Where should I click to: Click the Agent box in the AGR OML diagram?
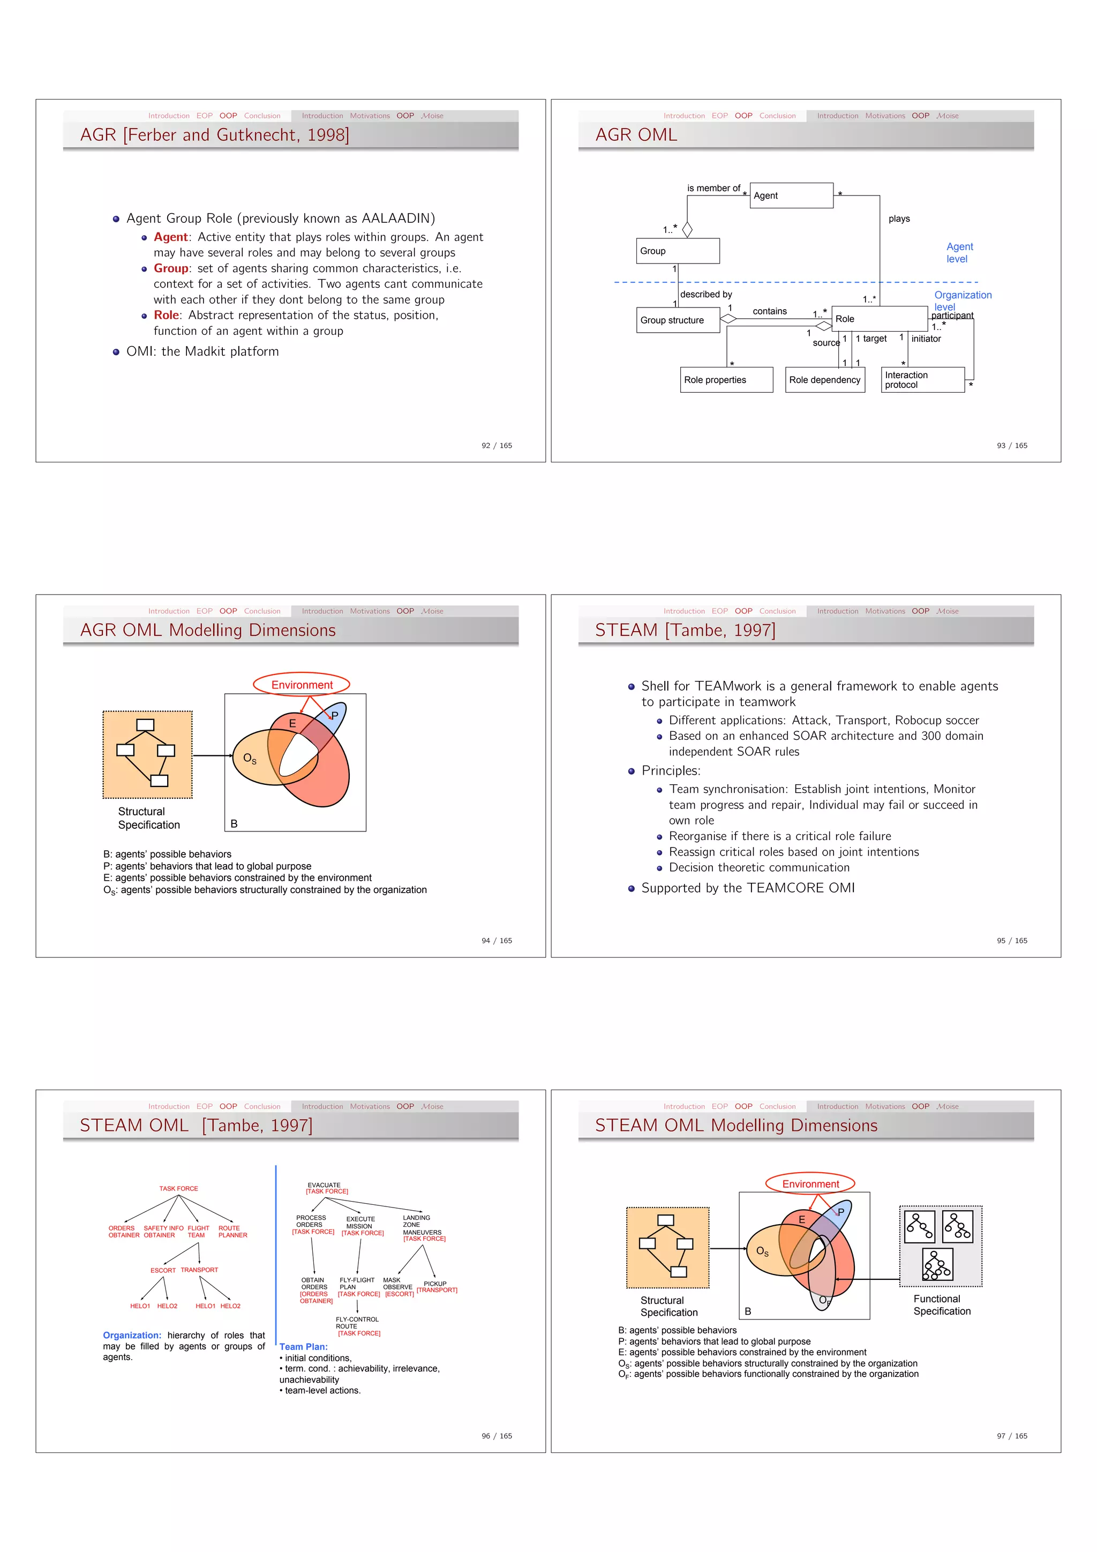point(791,196)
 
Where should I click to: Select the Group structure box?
point(677,320)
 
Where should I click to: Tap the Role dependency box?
point(824,380)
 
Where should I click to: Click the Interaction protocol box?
point(922,380)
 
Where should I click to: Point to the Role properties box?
point(726,380)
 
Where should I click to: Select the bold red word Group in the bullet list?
point(170,268)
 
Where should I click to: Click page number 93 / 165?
point(1011,445)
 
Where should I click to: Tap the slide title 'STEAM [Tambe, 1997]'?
point(685,630)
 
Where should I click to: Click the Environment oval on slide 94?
point(302,685)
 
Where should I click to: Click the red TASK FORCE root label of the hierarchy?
point(178,1188)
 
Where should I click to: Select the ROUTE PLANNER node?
point(232,1232)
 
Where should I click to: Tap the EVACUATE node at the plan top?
point(325,1185)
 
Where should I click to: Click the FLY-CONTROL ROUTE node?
point(357,1323)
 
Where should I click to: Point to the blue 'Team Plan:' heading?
point(304,1346)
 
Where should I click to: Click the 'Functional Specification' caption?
point(941,1304)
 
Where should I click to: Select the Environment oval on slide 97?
point(810,1183)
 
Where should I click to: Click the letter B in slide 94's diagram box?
point(234,823)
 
